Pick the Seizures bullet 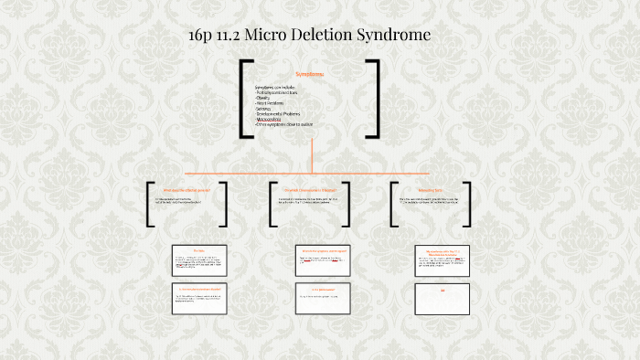(267, 109)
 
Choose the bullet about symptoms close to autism (284, 125)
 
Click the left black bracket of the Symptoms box (244, 99)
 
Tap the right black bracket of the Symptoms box (374, 99)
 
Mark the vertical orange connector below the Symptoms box (312, 156)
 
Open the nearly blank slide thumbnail (442, 296)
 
